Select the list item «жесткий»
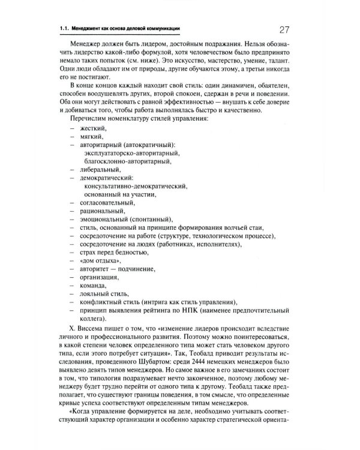click(92, 128)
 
